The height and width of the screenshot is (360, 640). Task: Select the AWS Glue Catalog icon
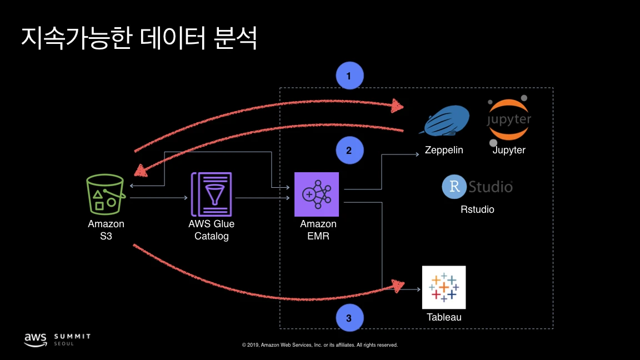pos(211,194)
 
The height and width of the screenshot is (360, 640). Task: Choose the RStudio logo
pos(477,187)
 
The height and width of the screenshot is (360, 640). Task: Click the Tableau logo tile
pos(444,287)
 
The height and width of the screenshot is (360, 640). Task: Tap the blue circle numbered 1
pos(349,77)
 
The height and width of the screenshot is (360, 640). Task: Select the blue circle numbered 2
pos(349,151)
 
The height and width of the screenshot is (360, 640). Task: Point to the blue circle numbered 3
pos(349,318)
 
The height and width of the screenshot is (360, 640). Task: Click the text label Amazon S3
pos(106,230)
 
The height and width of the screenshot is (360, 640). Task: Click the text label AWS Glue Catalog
pos(211,230)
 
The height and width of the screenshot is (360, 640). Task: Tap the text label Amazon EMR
pos(318,230)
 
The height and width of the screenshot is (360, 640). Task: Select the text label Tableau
pos(444,318)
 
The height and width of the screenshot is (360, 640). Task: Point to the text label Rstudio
pos(477,209)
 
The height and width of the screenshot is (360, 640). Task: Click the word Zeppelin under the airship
pos(444,150)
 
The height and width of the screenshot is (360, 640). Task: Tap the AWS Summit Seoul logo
pos(57,339)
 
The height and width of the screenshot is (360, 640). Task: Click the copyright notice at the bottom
pos(320,345)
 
